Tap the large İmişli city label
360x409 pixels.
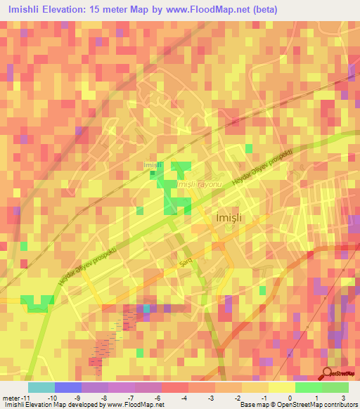(227, 219)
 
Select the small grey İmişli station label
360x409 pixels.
(153, 165)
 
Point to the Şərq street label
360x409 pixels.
(186, 261)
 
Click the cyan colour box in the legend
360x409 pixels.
(41, 387)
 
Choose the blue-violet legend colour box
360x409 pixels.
(68, 387)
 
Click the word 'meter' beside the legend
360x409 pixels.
(12, 398)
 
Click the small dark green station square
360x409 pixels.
(153, 173)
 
